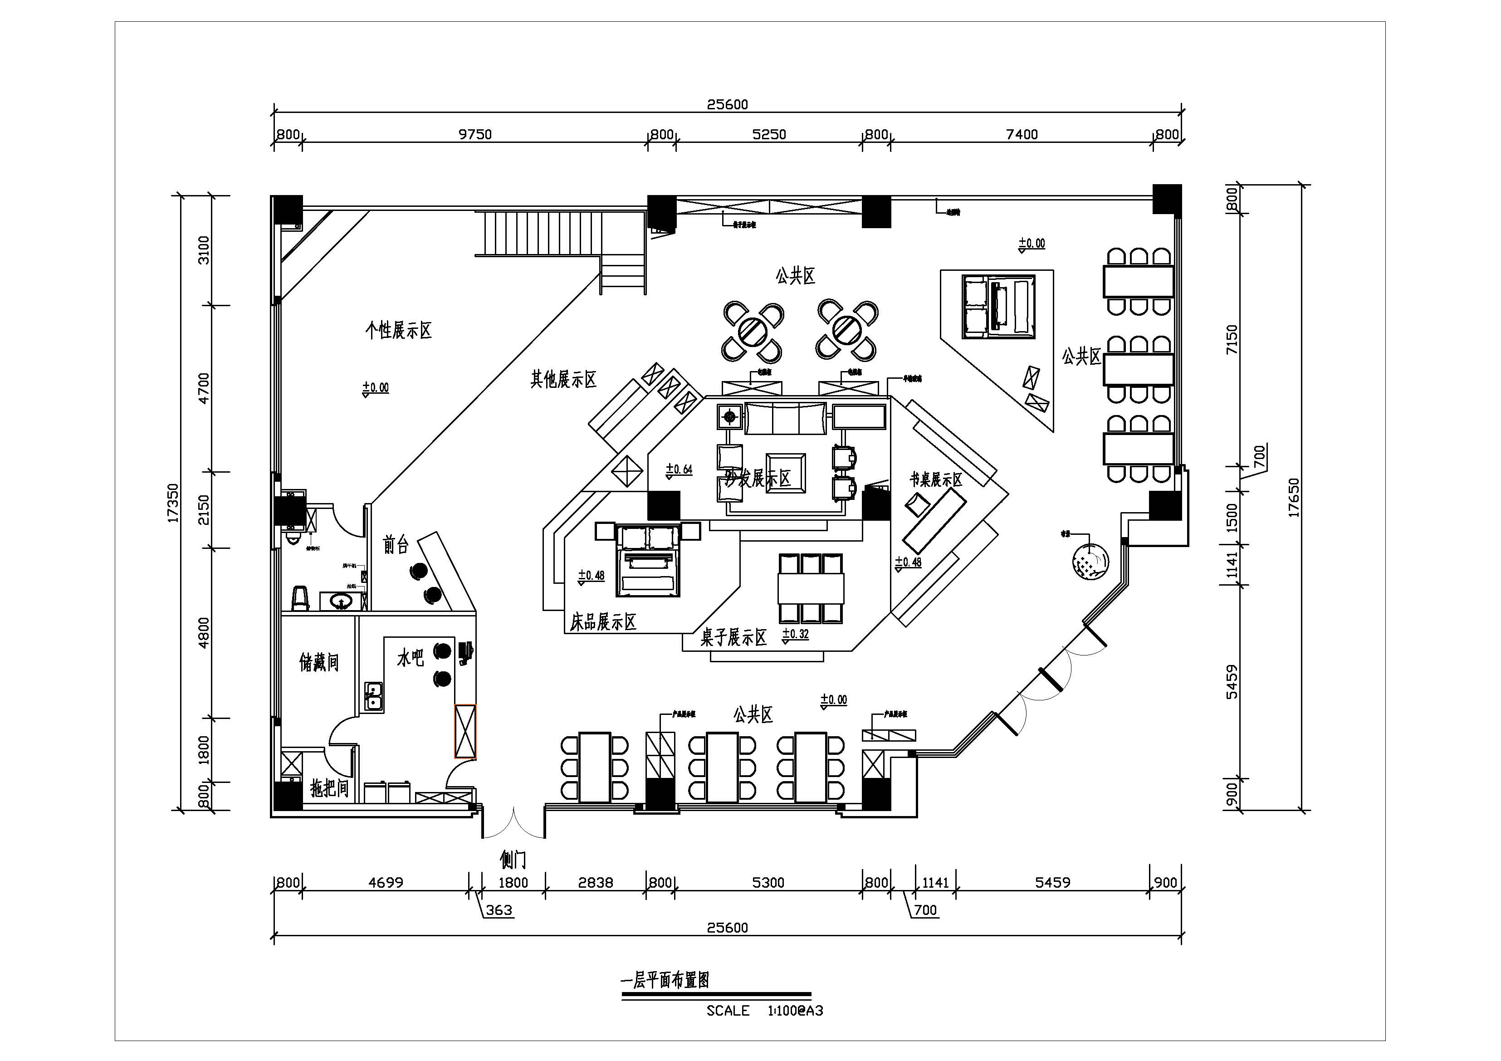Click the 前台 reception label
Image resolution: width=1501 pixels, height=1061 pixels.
coord(396,544)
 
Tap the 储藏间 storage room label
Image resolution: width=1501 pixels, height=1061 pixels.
coord(319,662)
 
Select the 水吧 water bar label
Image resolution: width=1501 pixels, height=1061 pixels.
coord(411,658)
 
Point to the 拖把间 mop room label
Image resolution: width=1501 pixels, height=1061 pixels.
coord(329,788)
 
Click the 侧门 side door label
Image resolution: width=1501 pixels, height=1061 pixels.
coord(513,859)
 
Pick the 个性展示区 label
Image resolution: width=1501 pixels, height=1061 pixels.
coord(399,330)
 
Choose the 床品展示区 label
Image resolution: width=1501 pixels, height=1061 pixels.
coord(603,622)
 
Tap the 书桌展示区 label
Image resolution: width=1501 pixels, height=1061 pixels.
coord(936,480)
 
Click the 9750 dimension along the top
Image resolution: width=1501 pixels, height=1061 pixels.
coord(474,135)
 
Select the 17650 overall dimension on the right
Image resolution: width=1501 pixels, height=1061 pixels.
coord(1294,498)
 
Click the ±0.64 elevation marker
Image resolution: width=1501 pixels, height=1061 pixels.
coord(679,469)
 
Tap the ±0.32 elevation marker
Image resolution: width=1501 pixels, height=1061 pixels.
coord(796,634)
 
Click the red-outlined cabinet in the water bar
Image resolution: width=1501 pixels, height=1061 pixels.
coord(465,731)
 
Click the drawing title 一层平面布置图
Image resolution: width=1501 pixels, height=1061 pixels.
coord(664,980)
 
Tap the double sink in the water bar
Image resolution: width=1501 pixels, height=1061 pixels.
coord(374,696)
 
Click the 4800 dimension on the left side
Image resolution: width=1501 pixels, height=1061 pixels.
coord(204,632)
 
